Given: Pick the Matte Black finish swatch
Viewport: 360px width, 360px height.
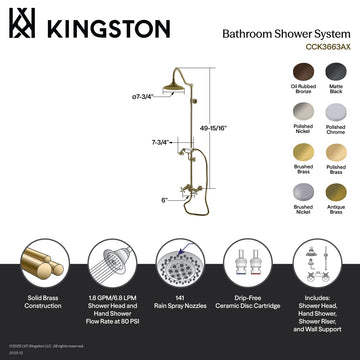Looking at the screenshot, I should point(334,69).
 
